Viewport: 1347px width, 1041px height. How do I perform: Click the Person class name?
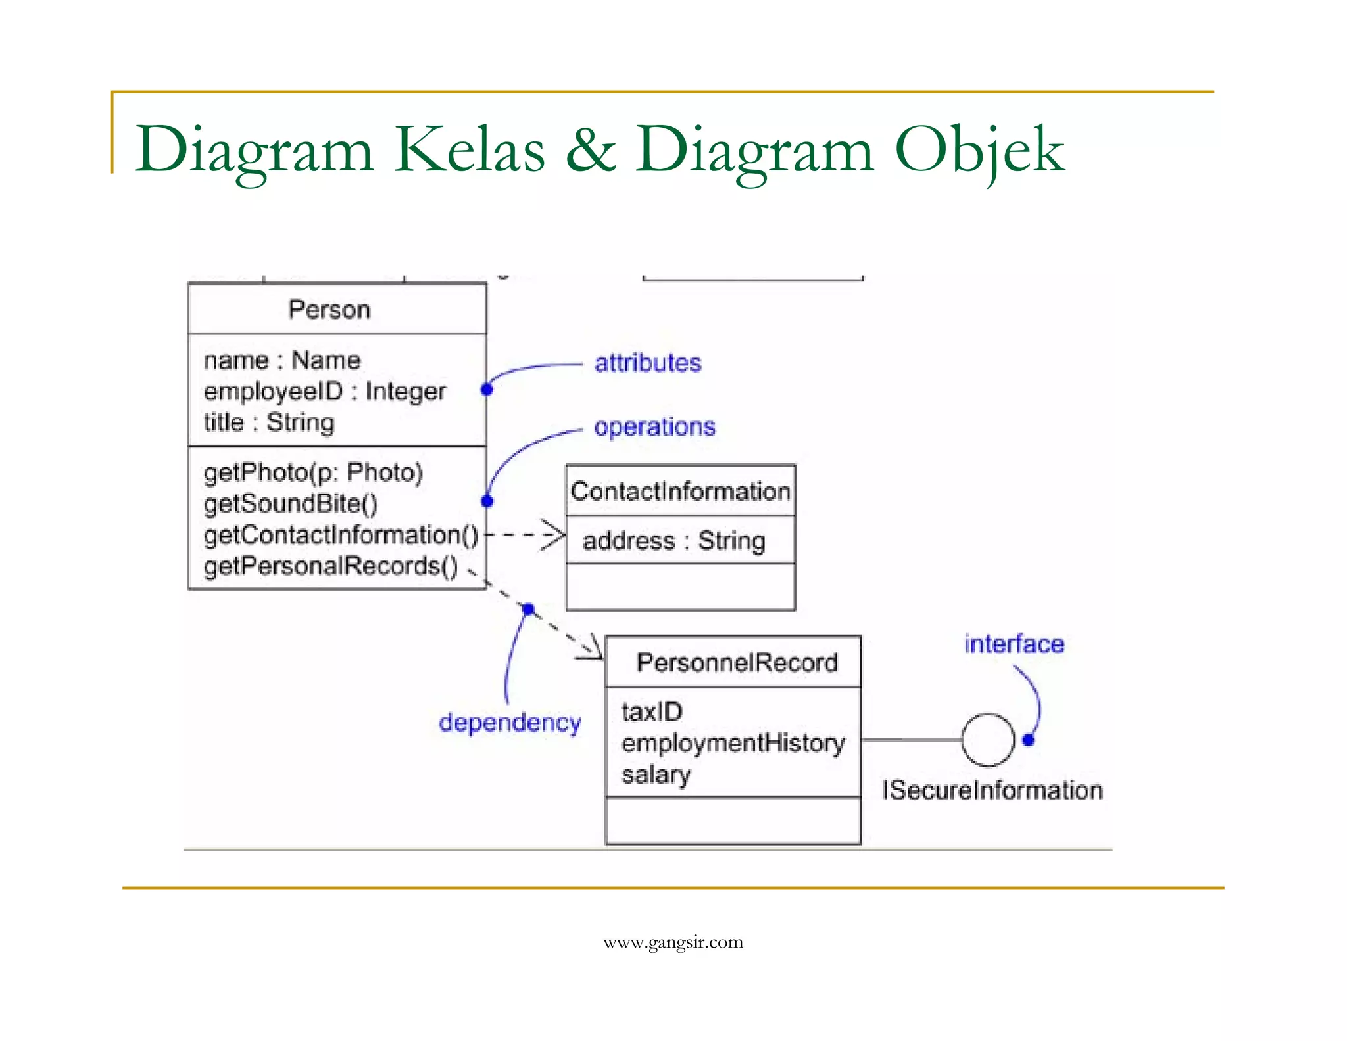pos(329,309)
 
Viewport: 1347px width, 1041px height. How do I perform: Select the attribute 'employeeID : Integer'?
pos(324,392)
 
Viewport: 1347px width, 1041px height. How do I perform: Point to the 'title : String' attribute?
pos(268,422)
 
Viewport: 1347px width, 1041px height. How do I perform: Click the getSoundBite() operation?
pos(291,503)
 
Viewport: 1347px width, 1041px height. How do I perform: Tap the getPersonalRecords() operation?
pos(331,566)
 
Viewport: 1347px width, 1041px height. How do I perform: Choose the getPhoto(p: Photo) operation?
pos(313,472)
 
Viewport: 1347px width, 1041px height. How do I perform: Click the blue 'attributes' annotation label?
pos(647,363)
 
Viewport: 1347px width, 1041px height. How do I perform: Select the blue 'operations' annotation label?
pos(654,427)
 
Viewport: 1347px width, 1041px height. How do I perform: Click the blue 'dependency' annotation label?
pos(510,723)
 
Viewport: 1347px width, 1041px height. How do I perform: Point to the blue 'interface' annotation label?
pos(1014,644)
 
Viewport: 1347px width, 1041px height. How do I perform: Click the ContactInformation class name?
pos(680,491)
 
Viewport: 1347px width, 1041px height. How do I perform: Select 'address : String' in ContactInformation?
pos(673,541)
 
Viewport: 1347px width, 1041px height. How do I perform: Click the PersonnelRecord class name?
pos(737,663)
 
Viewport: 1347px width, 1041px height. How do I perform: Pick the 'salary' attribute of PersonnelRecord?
pos(656,774)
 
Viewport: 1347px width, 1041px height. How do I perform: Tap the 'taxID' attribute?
pos(652,712)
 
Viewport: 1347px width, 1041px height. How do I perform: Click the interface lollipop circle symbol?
pos(988,740)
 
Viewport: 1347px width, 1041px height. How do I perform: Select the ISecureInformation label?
pos(992,790)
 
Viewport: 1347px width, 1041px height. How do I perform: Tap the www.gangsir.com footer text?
pos(673,942)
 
